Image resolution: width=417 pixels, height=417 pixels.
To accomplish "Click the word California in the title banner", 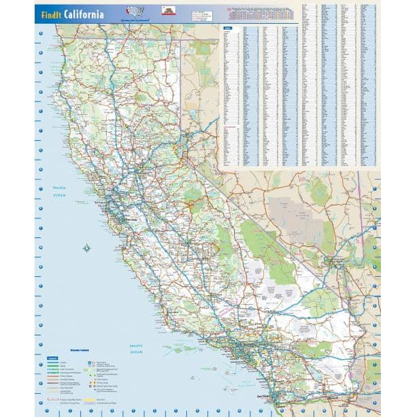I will [x=84, y=14].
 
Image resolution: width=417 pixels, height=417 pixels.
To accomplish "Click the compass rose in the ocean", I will [x=86, y=248].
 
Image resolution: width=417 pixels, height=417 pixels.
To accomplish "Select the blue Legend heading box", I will [x=51, y=355].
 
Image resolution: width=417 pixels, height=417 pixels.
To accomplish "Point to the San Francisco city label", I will [x=102, y=203].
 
